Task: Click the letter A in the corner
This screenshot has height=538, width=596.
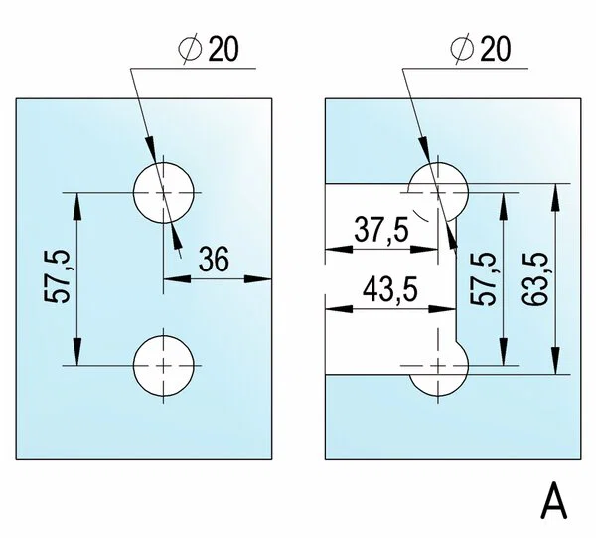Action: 554,500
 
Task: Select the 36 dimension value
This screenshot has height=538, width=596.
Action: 214,259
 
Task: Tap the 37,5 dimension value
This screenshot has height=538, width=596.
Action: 381,230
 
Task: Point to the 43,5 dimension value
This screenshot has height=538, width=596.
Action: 390,290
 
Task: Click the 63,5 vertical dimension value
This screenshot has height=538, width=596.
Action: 535,278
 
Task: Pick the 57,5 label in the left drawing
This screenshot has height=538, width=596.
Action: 58,277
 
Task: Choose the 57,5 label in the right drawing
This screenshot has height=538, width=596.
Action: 484,278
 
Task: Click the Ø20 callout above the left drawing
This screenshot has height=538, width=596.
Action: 209,49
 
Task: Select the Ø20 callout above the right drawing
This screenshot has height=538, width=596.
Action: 481,49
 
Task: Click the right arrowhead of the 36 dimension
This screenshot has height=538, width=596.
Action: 258,279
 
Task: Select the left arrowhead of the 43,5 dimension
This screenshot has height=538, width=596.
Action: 339,309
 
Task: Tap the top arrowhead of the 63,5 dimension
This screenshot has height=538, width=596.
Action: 555,197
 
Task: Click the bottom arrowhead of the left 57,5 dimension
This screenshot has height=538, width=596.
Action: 77,352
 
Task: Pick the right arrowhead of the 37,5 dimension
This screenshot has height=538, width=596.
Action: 424,250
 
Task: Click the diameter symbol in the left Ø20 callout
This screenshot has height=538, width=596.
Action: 190,49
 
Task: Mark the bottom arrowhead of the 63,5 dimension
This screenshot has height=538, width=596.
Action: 555,360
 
